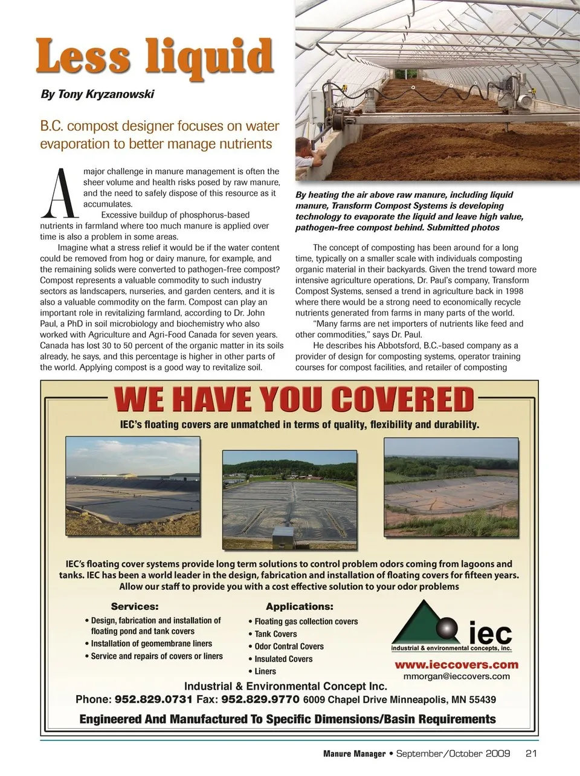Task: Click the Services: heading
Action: pyautogui.click(x=135, y=606)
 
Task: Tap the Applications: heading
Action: pyautogui.click(x=300, y=606)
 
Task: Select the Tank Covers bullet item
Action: pyautogui.click(x=275, y=634)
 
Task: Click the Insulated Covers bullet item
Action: pyautogui.click(x=283, y=659)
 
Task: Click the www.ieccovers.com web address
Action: pyautogui.click(x=457, y=665)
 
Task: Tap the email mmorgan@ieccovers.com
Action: pyautogui.click(x=457, y=676)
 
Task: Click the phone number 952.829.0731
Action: pyautogui.click(x=154, y=700)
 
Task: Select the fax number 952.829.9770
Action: pyautogui.click(x=261, y=700)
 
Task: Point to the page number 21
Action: pyautogui.click(x=532, y=754)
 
